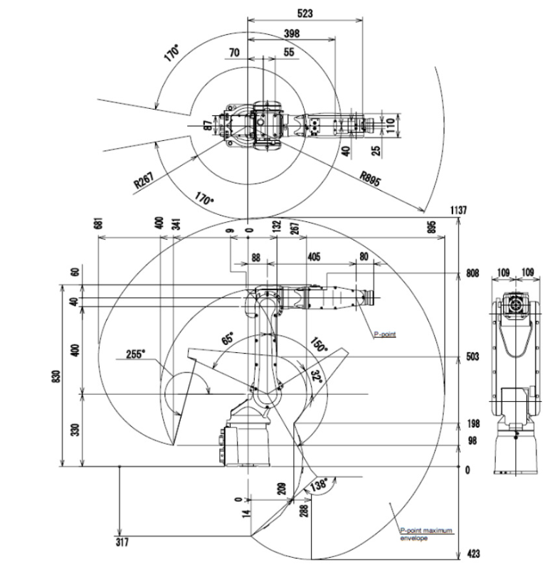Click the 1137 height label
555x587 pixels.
tap(458, 210)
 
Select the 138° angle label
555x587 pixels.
tap(318, 485)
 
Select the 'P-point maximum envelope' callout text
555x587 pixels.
tap(425, 534)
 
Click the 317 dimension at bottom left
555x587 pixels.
tap(123, 543)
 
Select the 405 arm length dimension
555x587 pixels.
tap(314, 257)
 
